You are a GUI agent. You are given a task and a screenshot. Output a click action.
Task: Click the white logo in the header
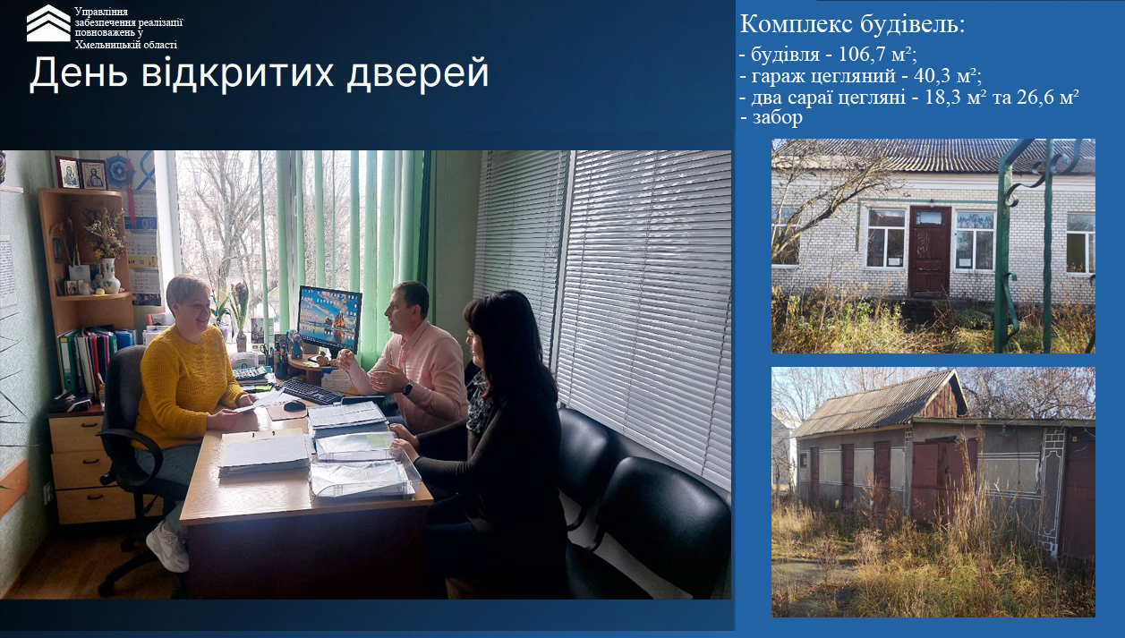point(48,23)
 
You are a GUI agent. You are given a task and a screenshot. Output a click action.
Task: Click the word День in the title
point(80,73)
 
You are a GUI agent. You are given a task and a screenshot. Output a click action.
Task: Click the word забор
point(777,117)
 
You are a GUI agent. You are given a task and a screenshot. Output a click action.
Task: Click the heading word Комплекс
point(797,24)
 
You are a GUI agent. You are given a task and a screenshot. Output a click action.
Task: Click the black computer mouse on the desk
point(294,405)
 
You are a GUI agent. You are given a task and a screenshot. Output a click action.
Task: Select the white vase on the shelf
point(110,275)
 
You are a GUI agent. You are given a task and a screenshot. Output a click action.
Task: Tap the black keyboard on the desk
point(311,391)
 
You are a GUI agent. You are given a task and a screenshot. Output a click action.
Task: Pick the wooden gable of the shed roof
point(942,398)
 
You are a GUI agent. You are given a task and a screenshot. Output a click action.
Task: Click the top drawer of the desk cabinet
point(78,433)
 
